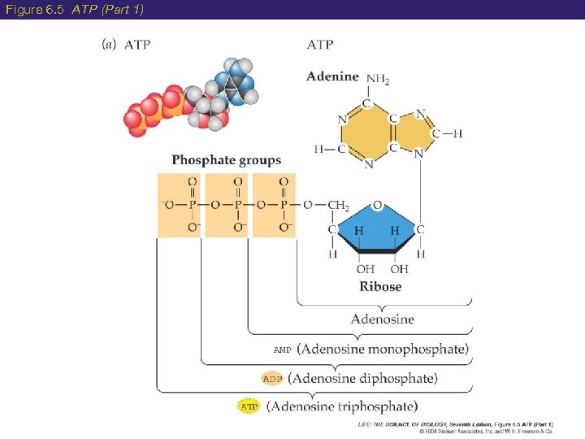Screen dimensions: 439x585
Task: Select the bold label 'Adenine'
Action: [332, 76]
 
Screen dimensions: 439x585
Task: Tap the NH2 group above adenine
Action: [378, 79]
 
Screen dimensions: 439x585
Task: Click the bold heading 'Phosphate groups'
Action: [226, 160]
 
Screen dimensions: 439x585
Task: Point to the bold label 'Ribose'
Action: [380, 286]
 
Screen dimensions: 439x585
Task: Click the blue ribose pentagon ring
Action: [378, 231]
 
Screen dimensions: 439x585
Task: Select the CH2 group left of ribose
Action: [337, 206]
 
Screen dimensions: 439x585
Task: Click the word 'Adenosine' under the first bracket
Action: [382, 319]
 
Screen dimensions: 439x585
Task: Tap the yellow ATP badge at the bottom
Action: [248, 405]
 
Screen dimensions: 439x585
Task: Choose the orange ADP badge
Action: [271, 379]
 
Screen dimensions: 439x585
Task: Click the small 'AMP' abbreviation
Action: [282, 350]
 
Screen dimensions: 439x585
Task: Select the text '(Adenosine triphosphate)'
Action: [342, 405]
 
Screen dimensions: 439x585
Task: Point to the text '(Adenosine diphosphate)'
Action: [362, 378]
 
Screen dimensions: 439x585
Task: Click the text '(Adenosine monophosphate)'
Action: [383, 350]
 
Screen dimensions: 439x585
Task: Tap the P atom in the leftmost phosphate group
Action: [192, 204]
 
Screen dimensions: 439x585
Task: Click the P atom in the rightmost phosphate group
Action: [284, 204]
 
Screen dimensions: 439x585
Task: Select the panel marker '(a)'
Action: [108, 45]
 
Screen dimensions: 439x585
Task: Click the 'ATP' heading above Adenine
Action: [320, 45]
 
